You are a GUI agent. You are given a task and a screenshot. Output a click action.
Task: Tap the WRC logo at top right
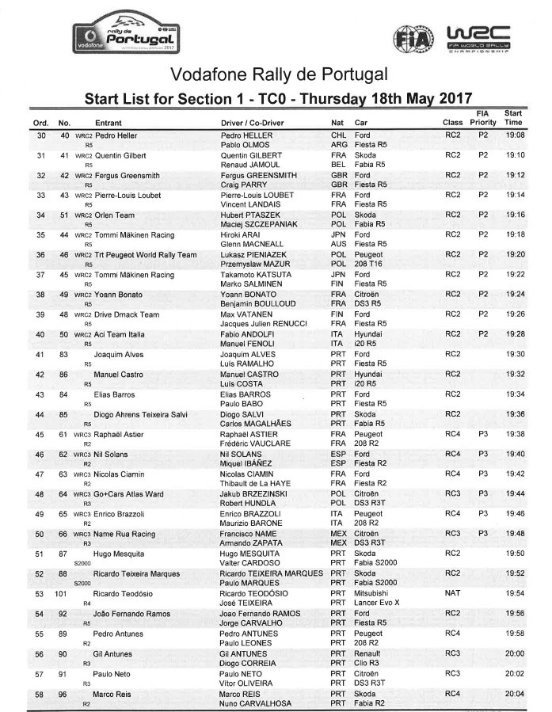click(x=478, y=40)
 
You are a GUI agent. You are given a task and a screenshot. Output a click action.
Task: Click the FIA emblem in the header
click(x=412, y=38)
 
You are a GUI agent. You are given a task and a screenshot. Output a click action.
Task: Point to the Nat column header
click(x=337, y=124)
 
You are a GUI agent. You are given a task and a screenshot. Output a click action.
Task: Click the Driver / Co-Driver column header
click(x=256, y=124)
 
